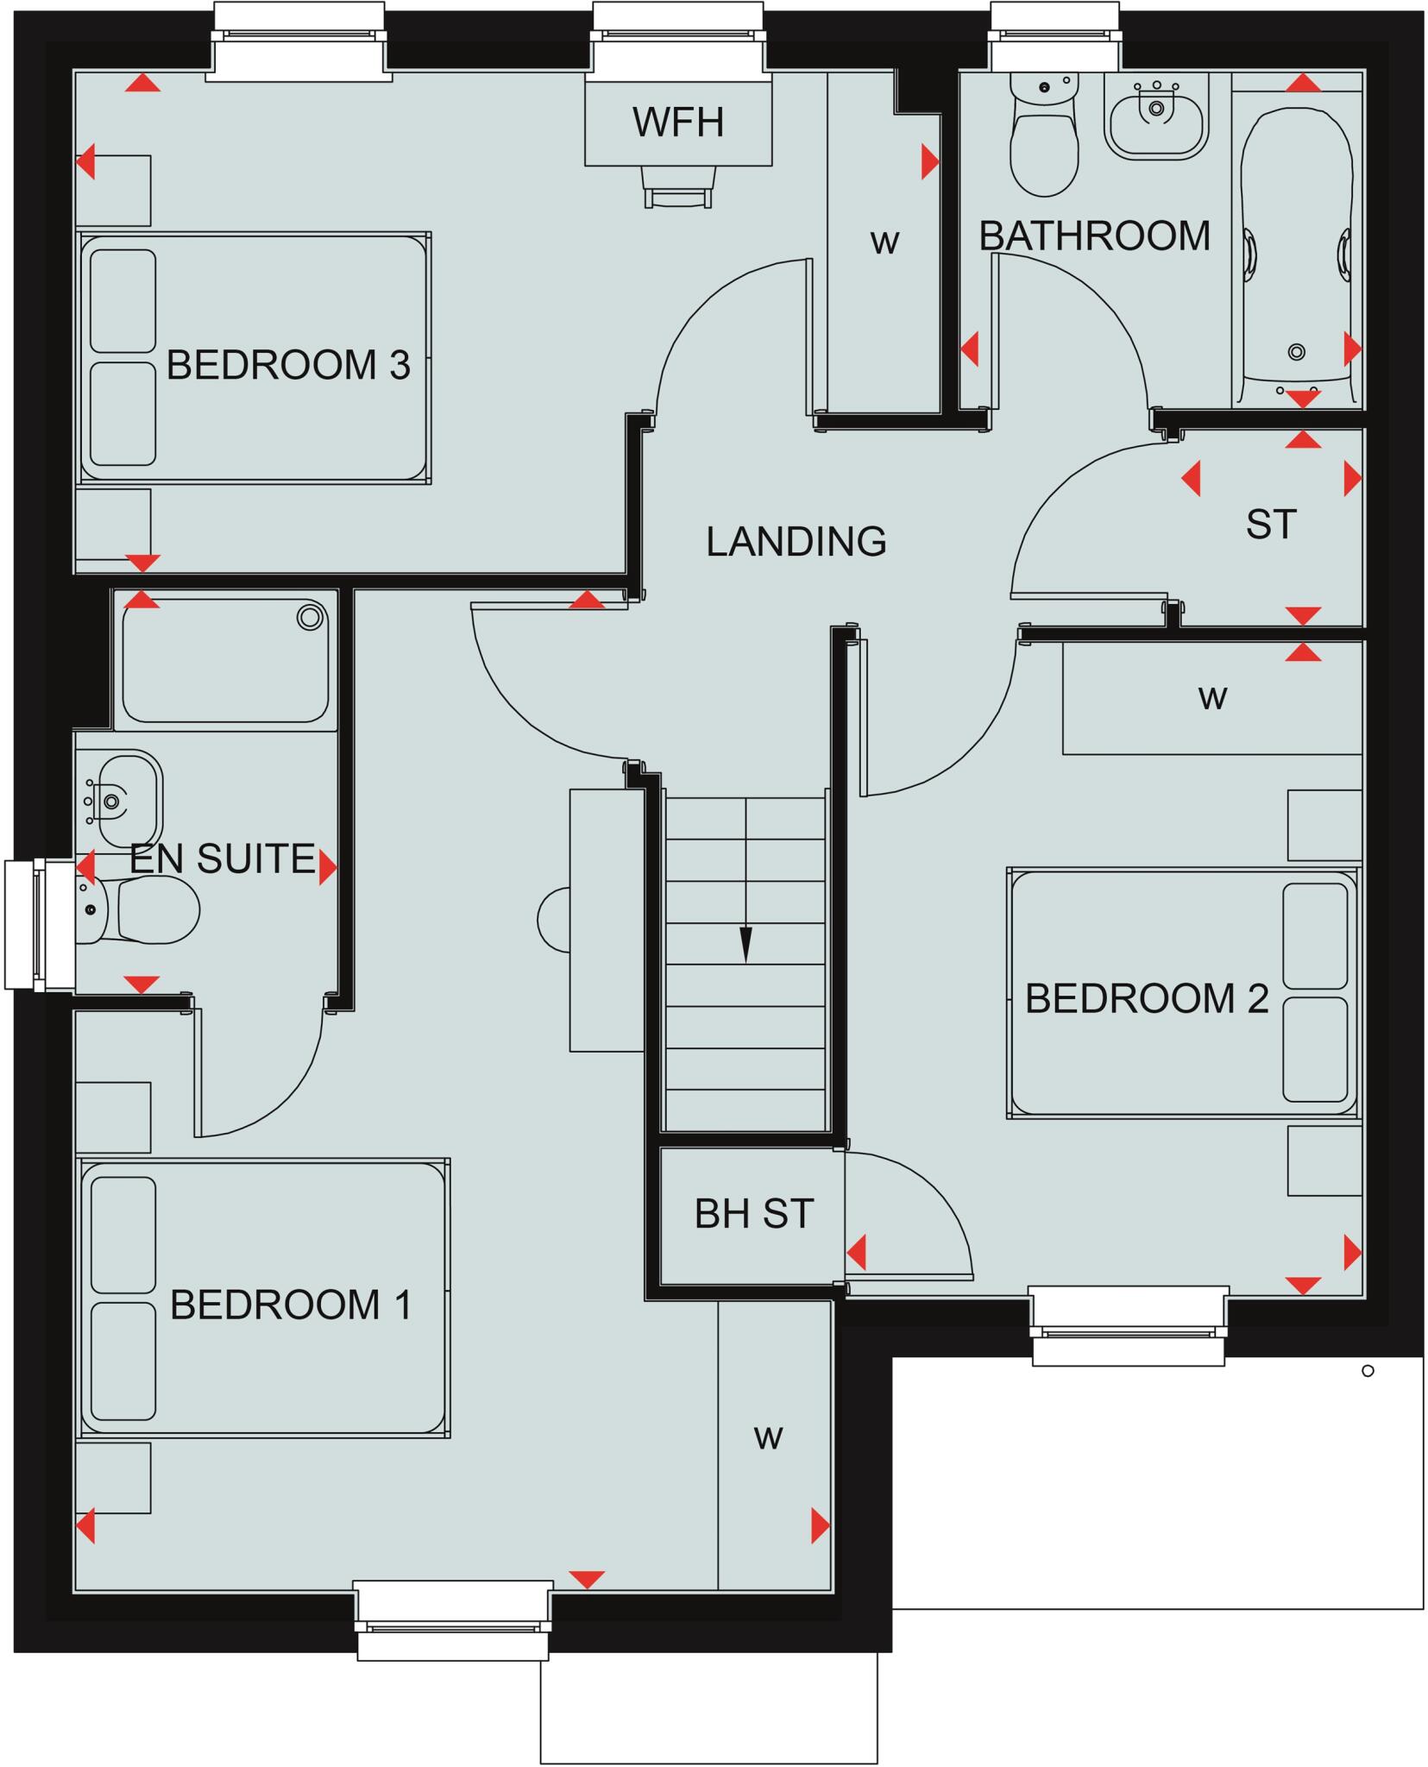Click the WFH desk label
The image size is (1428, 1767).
677,122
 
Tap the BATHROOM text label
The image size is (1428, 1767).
1093,236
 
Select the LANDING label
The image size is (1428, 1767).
796,541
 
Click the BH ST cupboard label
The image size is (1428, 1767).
753,1214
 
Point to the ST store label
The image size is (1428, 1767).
1270,524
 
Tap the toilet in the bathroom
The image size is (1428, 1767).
1044,138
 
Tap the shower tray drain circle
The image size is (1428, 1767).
310,617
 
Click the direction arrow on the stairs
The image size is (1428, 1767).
745,942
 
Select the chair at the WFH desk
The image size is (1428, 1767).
679,188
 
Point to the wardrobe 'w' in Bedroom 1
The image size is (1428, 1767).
768,1437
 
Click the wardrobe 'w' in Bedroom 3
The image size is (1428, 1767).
884,242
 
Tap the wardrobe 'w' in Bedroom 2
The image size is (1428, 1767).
1212,696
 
